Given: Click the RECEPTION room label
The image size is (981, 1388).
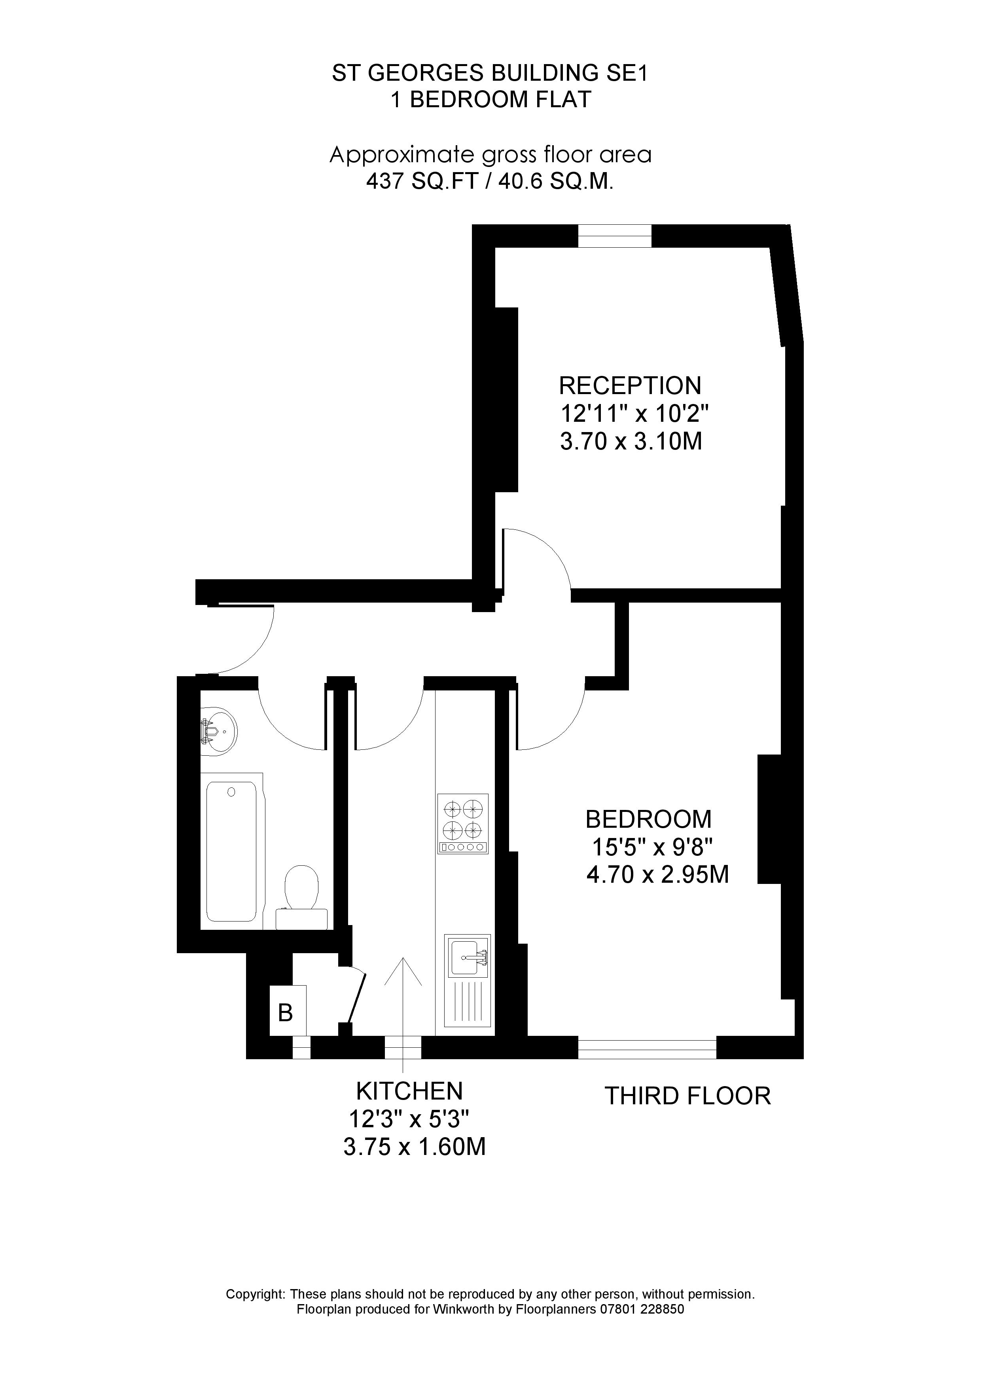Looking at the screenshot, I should [630, 385].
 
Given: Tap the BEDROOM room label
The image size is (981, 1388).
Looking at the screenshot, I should [648, 819].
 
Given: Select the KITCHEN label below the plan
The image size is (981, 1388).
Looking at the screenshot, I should [409, 1091].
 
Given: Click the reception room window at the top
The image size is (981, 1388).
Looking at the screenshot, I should [615, 236].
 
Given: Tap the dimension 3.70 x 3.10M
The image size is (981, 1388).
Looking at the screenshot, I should [631, 441].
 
